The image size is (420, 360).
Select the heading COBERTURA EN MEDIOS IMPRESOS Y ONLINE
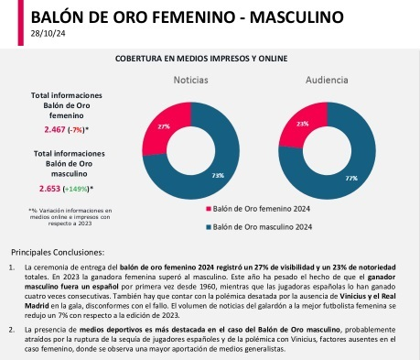pyautogui.click(x=210, y=58)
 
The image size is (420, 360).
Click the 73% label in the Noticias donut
pyautogui.click(x=217, y=174)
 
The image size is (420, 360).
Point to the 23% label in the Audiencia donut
pyautogui.click(x=303, y=123)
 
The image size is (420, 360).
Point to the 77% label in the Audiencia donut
pyautogui.click(x=351, y=178)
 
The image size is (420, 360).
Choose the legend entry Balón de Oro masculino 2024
pyautogui.click(x=264, y=226)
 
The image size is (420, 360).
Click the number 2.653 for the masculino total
pyautogui.click(x=51, y=188)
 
